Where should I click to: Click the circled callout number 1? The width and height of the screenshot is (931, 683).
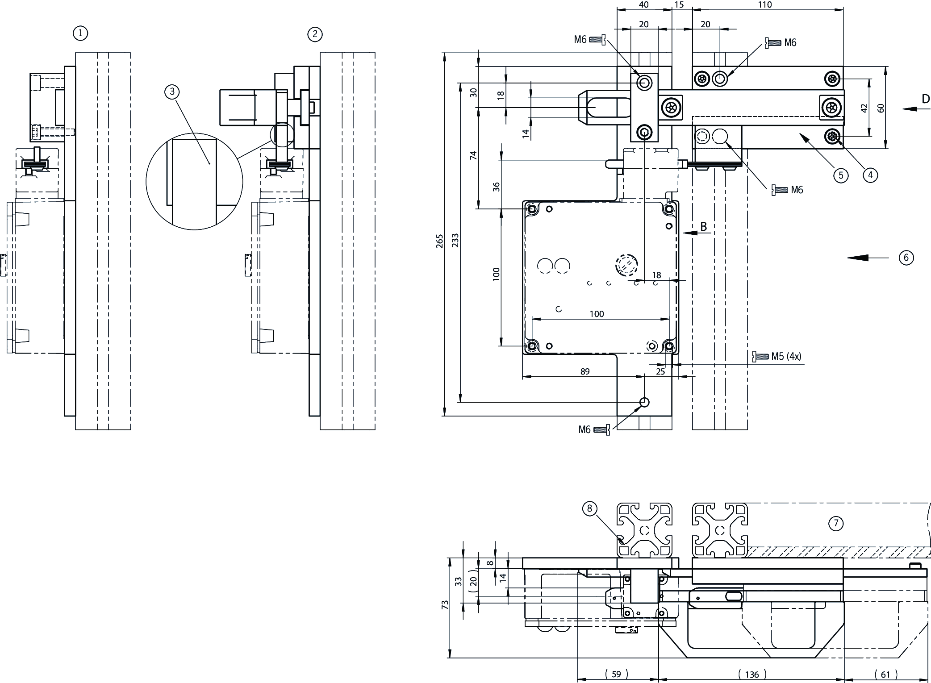coord(80,33)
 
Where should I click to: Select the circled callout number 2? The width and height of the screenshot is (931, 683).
coord(315,34)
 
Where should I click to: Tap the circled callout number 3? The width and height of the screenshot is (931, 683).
coord(172,92)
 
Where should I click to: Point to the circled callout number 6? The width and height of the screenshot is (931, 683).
coord(906,258)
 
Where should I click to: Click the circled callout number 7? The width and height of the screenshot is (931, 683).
coord(836,523)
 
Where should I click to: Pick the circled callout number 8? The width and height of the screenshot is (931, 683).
coord(590,508)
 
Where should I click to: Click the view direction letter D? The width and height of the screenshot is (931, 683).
coord(925,99)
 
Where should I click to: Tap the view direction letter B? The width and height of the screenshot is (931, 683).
coord(703,227)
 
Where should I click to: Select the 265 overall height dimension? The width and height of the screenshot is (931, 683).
coord(440,241)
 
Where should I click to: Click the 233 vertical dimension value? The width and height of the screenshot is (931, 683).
coord(455,241)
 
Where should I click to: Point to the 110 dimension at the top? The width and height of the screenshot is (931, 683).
coord(764,5)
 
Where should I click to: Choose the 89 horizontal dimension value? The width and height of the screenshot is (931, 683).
coord(585,371)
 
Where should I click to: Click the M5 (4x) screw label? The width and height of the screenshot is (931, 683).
coord(786,357)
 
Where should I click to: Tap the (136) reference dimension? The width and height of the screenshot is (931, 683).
coord(752,674)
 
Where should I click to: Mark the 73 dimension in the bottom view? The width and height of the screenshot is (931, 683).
coord(445,605)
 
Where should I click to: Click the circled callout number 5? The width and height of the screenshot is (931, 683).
coord(841,175)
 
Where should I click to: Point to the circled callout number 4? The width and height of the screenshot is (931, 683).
coord(870,175)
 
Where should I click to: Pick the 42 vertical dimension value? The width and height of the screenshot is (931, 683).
coord(864,108)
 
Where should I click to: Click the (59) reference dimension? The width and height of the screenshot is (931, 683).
coord(616,674)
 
